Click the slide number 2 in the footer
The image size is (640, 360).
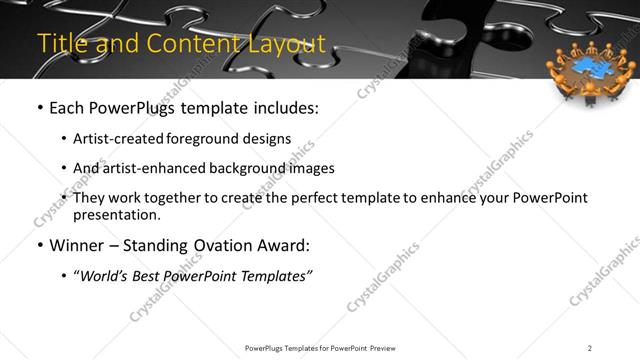tap(589, 347)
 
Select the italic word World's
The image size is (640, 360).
tap(105, 275)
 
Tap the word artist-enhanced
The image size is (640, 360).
tap(150, 168)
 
